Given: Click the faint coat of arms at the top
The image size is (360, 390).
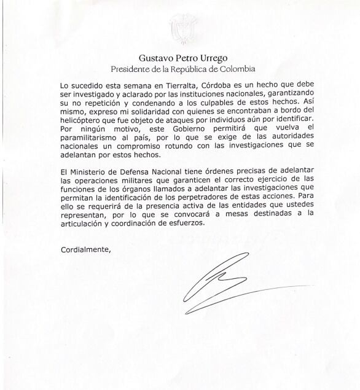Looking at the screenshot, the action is pos(180,28).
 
